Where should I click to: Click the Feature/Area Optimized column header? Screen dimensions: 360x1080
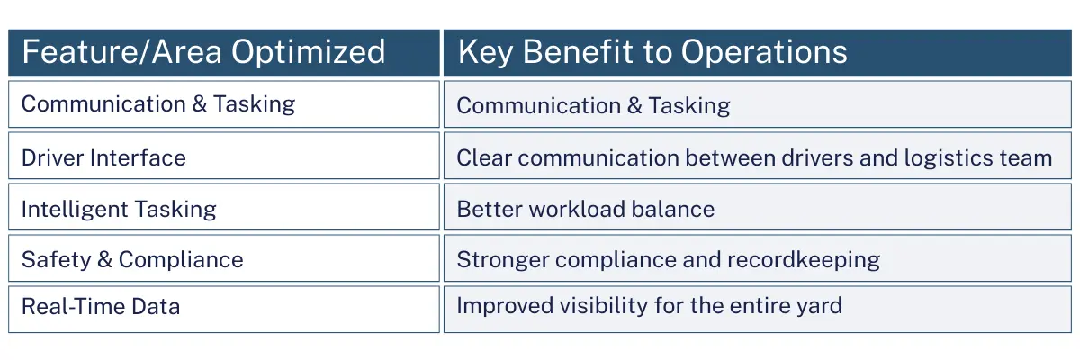coord(203,52)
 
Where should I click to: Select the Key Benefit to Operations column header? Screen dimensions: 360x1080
coord(652,52)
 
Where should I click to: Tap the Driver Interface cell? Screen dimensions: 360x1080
coord(103,157)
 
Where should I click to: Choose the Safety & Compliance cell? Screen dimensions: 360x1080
coord(132,260)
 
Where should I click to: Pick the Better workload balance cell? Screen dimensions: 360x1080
coord(585,210)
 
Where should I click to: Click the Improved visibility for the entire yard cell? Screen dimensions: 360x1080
coord(649,305)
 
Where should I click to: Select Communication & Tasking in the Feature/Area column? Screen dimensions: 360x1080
coord(158,103)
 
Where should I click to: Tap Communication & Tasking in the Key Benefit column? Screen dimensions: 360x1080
coord(593,106)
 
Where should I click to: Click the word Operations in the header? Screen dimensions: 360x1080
coord(764,52)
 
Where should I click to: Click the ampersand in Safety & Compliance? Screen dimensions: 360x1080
coord(103,260)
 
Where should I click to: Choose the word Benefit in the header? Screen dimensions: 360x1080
coord(580,52)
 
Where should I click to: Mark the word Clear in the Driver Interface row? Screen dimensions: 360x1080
coord(483,158)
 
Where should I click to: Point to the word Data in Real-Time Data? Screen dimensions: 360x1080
coord(153,306)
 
